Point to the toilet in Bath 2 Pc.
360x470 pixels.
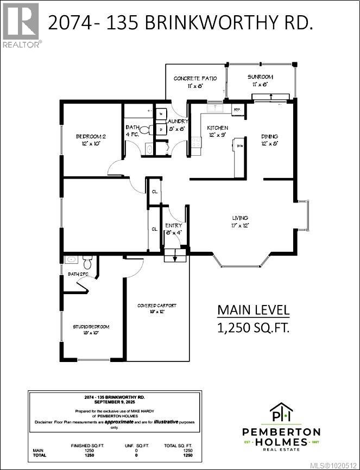point(87,261)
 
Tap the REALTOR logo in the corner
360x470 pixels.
point(21,25)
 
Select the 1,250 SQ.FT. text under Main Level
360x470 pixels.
point(253,328)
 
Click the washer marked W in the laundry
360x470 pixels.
point(161,115)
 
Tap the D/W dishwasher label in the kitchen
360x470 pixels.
point(239,145)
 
